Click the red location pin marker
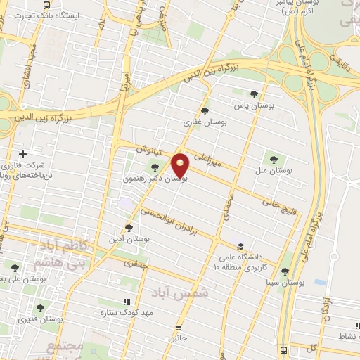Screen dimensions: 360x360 181,165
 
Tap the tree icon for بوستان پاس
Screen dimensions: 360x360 254,94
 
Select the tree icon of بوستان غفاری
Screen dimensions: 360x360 205,110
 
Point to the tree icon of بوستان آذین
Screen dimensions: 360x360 128,227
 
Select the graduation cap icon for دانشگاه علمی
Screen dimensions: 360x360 240,246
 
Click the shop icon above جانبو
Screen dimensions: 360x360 179,327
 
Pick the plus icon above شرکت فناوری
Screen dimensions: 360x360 23,154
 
